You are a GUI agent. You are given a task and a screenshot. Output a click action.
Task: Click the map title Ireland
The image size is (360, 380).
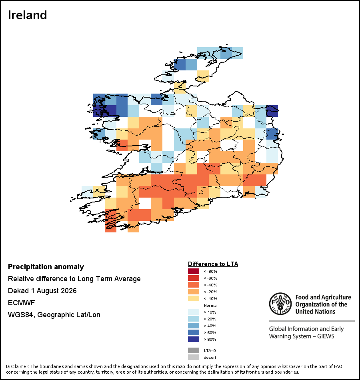click(27, 15)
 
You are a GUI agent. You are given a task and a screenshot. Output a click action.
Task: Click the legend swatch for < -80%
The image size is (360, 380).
click(194, 271)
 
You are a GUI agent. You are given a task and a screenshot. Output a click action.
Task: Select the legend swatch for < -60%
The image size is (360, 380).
click(194, 278)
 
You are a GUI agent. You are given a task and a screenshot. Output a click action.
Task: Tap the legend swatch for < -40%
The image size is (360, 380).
click(194, 285)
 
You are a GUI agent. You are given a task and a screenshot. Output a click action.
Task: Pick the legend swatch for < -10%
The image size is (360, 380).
click(194, 298)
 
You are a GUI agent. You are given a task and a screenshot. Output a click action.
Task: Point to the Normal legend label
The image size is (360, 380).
click(211, 305)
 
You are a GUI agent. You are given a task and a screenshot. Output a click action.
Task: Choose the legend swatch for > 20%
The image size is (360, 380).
click(194, 319)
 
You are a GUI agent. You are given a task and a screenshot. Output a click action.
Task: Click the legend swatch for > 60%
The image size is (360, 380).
click(194, 332)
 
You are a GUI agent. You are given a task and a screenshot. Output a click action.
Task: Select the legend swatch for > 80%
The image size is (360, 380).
click(194, 339)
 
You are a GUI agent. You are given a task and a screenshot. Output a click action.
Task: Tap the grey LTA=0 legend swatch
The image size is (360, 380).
click(194, 350)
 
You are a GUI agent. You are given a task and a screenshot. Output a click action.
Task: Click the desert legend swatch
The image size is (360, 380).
click(194, 357)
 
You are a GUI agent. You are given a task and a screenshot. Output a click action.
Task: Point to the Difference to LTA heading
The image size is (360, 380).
click(213, 264)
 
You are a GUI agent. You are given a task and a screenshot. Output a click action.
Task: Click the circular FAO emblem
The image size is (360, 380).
click(280, 304)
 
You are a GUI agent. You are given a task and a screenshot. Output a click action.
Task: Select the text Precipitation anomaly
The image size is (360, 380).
click(46, 267)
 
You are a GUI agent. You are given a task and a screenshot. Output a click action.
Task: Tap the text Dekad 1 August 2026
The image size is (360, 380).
click(42, 290)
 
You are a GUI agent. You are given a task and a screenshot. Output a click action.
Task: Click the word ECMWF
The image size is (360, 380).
click(21, 303)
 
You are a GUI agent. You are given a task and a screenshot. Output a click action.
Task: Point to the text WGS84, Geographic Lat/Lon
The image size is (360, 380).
click(54, 315)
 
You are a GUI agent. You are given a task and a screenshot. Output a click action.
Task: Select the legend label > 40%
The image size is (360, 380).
click(210, 326)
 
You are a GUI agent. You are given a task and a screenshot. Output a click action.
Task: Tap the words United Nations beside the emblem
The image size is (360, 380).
click(315, 312)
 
